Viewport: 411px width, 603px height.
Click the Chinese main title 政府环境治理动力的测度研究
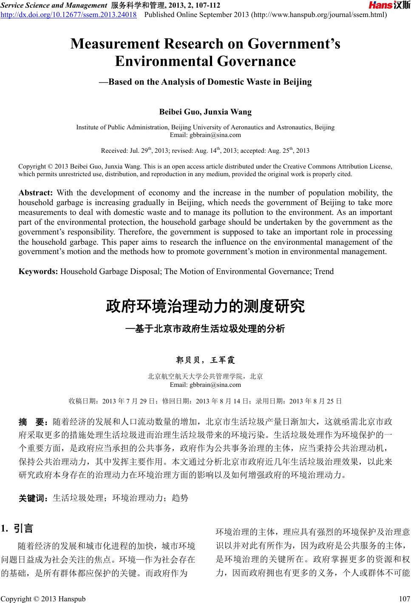pos(205,306)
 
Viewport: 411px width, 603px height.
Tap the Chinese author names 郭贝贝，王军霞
pos(205,360)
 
